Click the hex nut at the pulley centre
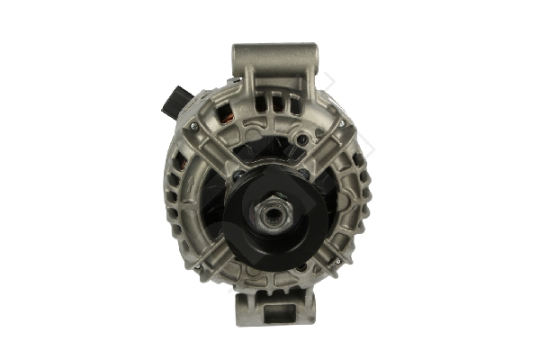(269, 213)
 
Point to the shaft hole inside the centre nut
(269, 213)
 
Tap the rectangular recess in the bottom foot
(276, 313)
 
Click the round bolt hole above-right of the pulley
(303, 139)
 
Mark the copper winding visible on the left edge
(179, 176)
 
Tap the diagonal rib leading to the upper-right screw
(324, 144)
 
